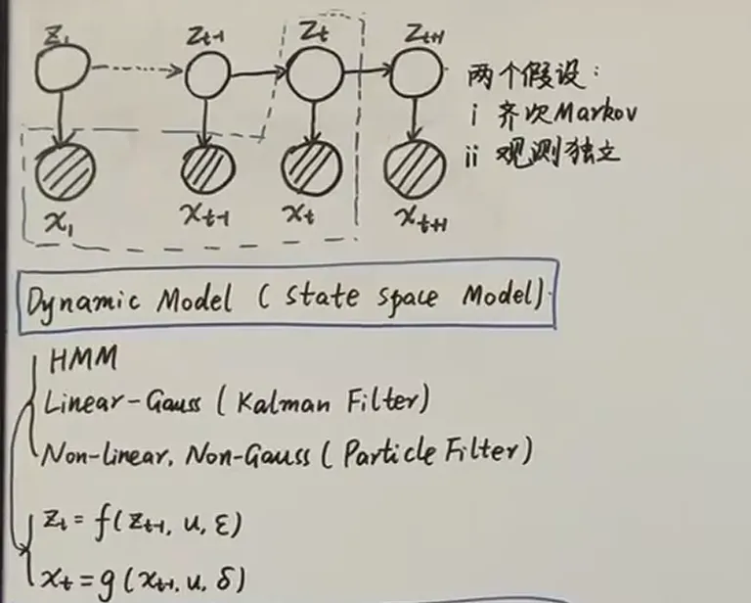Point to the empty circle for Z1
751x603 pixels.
click(63, 67)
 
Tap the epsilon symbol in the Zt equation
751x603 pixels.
click(222, 527)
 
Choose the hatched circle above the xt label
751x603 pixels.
click(310, 168)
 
